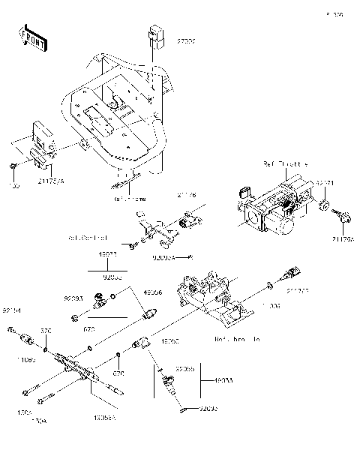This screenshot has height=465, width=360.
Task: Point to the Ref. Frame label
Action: [129, 199]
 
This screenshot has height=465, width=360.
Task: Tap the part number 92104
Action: [11, 310]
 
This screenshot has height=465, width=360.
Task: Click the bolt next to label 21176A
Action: [344, 217]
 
